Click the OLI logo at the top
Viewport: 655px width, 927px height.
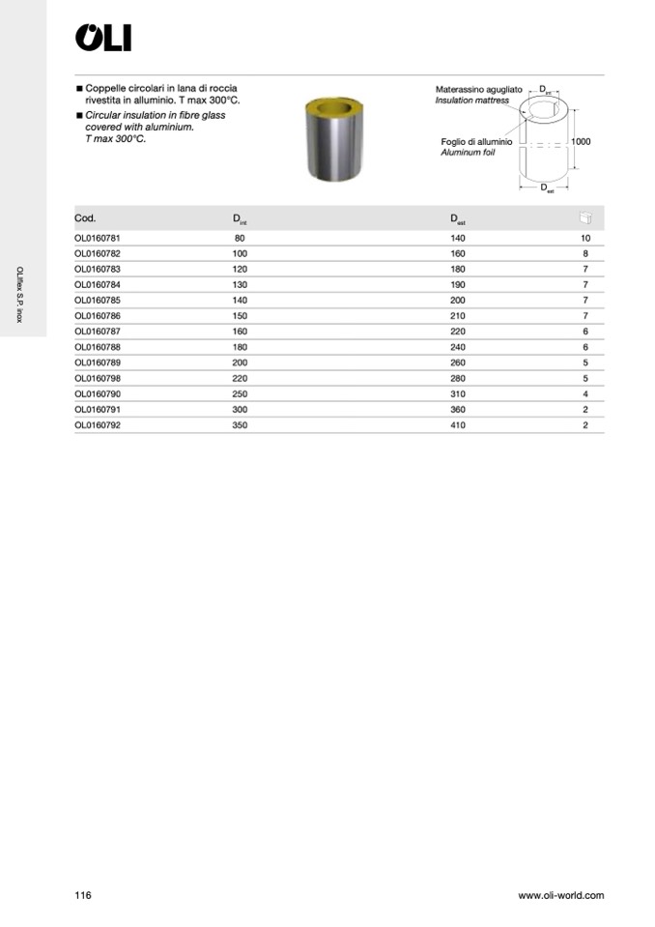(103, 38)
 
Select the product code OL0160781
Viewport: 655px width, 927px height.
(98, 238)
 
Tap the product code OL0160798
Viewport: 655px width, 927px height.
(98, 378)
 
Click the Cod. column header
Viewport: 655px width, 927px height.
(85, 218)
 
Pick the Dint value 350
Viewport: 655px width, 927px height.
(240, 425)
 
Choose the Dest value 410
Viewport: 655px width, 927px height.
(458, 425)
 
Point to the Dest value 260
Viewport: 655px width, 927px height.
(458, 362)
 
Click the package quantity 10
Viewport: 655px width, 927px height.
(585, 238)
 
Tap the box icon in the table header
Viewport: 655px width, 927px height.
(584, 218)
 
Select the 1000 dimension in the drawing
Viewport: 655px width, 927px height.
(581, 141)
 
